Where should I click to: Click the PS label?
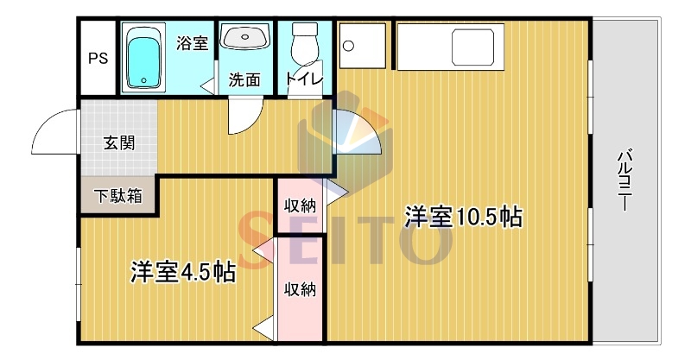pos(98,59)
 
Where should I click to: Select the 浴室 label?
pos(192,43)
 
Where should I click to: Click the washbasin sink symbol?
pos(245,36)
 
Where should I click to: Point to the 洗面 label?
pos(244,79)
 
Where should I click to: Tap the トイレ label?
pos(305,79)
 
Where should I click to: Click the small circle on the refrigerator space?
pos(349,46)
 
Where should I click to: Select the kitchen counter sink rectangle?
pos(472,47)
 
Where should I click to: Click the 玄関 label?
pos(119,143)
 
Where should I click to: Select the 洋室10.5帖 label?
pos(464,217)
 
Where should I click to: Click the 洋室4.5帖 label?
pos(183,273)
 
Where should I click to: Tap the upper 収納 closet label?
pos(300,205)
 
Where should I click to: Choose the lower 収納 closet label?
pos(300,289)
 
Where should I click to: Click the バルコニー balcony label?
pos(624,180)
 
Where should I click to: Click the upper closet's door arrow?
pos(337,192)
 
